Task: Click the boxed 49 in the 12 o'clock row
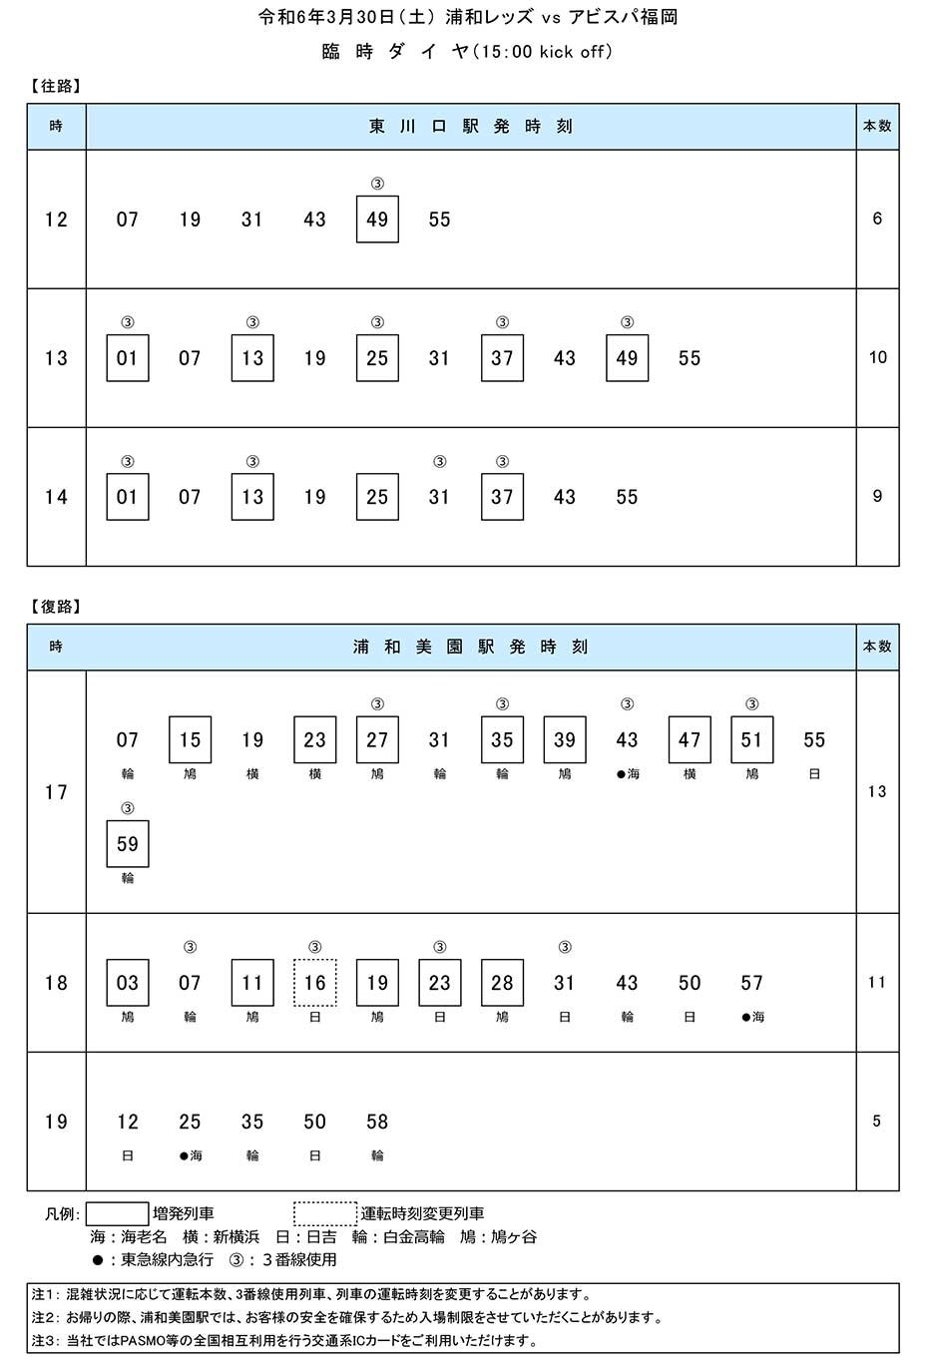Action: point(377,220)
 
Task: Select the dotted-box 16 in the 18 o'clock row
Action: point(314,983)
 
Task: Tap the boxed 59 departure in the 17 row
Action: point(128,844)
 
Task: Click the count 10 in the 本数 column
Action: point(877,357)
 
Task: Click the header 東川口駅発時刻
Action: point(471,126)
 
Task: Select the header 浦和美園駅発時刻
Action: point(471,647)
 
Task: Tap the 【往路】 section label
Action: point(56,86)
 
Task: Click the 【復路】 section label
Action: point(56,607)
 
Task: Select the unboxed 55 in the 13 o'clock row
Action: point(690,358)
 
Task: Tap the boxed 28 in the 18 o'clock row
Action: point(502,983)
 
